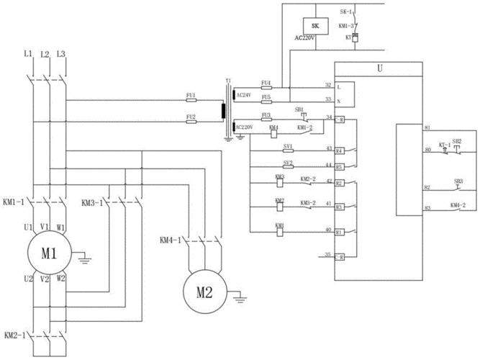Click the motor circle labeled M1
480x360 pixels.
pos(47,253)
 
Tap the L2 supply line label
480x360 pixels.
pos(45,54)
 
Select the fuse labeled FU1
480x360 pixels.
pos(191,95)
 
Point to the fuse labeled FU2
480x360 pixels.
pos(191,117)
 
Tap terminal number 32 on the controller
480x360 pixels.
pos(328,84)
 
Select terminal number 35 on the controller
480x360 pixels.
pos(328,254)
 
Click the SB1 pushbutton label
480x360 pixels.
pos(299,108)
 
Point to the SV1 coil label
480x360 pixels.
pos(288,145)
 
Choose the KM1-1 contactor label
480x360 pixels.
pos(14,202)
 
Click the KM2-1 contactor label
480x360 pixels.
pos(14,336)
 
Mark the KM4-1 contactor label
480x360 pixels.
pos(171,239)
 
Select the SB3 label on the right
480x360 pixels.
pos(458,181)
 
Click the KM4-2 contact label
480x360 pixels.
pos(458,205)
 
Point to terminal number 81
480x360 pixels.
pos(427,127)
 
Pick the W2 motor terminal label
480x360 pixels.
pos(61,278)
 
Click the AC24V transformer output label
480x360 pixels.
pos(245,94)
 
